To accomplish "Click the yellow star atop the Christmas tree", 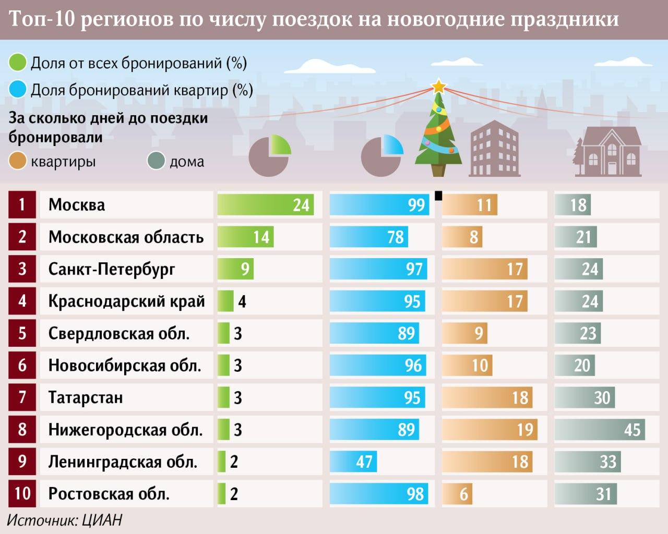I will (x=439, y=86).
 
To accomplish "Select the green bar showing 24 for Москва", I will (x=265, y=205).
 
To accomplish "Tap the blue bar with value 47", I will (x=353, y=462).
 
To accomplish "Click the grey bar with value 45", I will (x=599, y=430).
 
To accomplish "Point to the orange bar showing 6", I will (x=457, y=494).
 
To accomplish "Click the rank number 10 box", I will (x=22, y=494).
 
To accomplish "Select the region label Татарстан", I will (x=86, y=397).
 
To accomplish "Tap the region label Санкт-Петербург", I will (x=112, y=269).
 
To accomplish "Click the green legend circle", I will (x=18, y=63).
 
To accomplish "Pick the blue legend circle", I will (x=18, y=89).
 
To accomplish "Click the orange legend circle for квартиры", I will (x=18, y=161).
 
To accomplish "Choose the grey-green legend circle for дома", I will (x=156, y=161).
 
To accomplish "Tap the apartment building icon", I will (x=494, y=149).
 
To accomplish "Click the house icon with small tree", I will (x=607, y=151).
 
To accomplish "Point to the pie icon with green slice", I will (x=270, y=155).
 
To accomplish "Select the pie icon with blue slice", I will (x=383, y=155).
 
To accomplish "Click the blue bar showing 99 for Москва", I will (x=379, y=205).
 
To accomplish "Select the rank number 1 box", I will (x=22, y=205).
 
